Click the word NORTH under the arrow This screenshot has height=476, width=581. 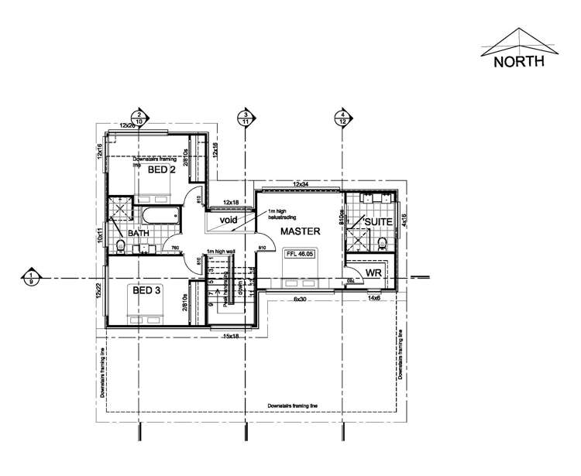pos(520,60)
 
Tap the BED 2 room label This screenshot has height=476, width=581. pos(161,170)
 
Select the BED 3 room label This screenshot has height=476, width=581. pos(146,291)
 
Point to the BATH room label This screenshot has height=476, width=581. pos(139,233)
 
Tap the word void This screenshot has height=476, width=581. pos(227,220)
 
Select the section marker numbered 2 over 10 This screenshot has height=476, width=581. pos(139,118)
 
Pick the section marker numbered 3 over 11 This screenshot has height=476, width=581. pos(246,118)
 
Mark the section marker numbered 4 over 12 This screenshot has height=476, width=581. pos(342,118)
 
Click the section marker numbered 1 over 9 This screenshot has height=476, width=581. pos(31,276)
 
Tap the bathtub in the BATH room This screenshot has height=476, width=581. pos(162,214)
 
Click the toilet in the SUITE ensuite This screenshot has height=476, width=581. pos(383,242)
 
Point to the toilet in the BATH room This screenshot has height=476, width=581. pos(120,246)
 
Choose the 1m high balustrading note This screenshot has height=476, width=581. pos(283,214)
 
